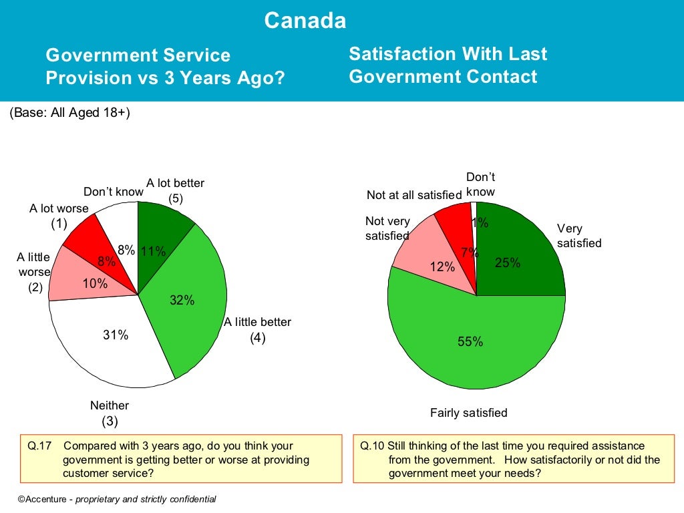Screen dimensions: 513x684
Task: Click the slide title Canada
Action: pyautogui.click(x=305, y=21)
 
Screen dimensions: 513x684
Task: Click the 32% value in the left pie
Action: pyautogui.click(x=182, y=301)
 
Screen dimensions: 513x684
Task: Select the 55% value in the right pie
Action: pyautogui.click(x=470, y=342)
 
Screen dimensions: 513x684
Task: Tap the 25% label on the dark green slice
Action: pyautogui.click(x=507, y=263)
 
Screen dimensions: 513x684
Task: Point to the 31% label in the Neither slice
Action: pyautogui.click(x=116, y=335)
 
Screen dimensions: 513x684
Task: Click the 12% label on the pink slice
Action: pyautogui.click(x=442, y=267)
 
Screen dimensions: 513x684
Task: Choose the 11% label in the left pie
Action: pyautogui.click(x=153, y=251)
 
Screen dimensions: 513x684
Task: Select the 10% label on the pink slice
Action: pyautogui.click(x=95, y=284)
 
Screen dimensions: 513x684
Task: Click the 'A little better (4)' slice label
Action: pyautogui.click(x=258, y=330)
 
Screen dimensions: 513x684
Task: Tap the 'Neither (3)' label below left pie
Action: pyautogui.click(x=110, y=413)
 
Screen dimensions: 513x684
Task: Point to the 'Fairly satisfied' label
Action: pyautogui.click(x=468, y=413)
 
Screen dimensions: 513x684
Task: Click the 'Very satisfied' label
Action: pyautogui.click(x=578, y=236)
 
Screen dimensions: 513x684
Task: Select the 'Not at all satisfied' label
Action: pyautogui.click(x=414, y=195)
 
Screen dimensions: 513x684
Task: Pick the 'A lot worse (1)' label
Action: pyautogui.click(x=59, y=216)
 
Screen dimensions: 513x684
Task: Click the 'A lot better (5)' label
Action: pyautogui.click(x=175, y=190)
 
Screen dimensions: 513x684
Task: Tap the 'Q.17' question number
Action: pyautogui.click(x=37, y=446)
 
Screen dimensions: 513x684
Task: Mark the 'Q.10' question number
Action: pyautogui.click(x=371, y=446)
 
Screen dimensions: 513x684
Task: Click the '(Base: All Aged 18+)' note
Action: pyautogui.click(x=69, y=113)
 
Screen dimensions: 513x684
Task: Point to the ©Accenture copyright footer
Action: pyautogui.click(x=117, y=499)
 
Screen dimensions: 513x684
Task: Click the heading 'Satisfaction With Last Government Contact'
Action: pyautogui.click(x=448, y=65)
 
